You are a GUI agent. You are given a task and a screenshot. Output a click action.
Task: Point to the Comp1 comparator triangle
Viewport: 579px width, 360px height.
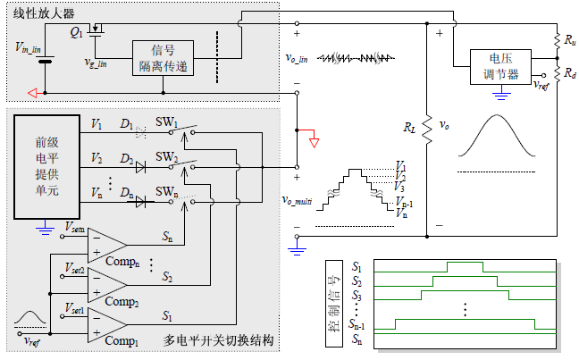tap(108, 324)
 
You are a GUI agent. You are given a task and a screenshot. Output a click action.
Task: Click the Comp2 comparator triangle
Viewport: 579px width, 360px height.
tap(108, 284)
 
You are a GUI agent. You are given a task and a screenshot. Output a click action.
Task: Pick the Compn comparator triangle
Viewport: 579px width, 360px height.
tap(108, 244)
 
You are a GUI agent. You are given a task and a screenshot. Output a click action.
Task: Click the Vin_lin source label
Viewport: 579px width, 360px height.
tap(30, 48)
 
